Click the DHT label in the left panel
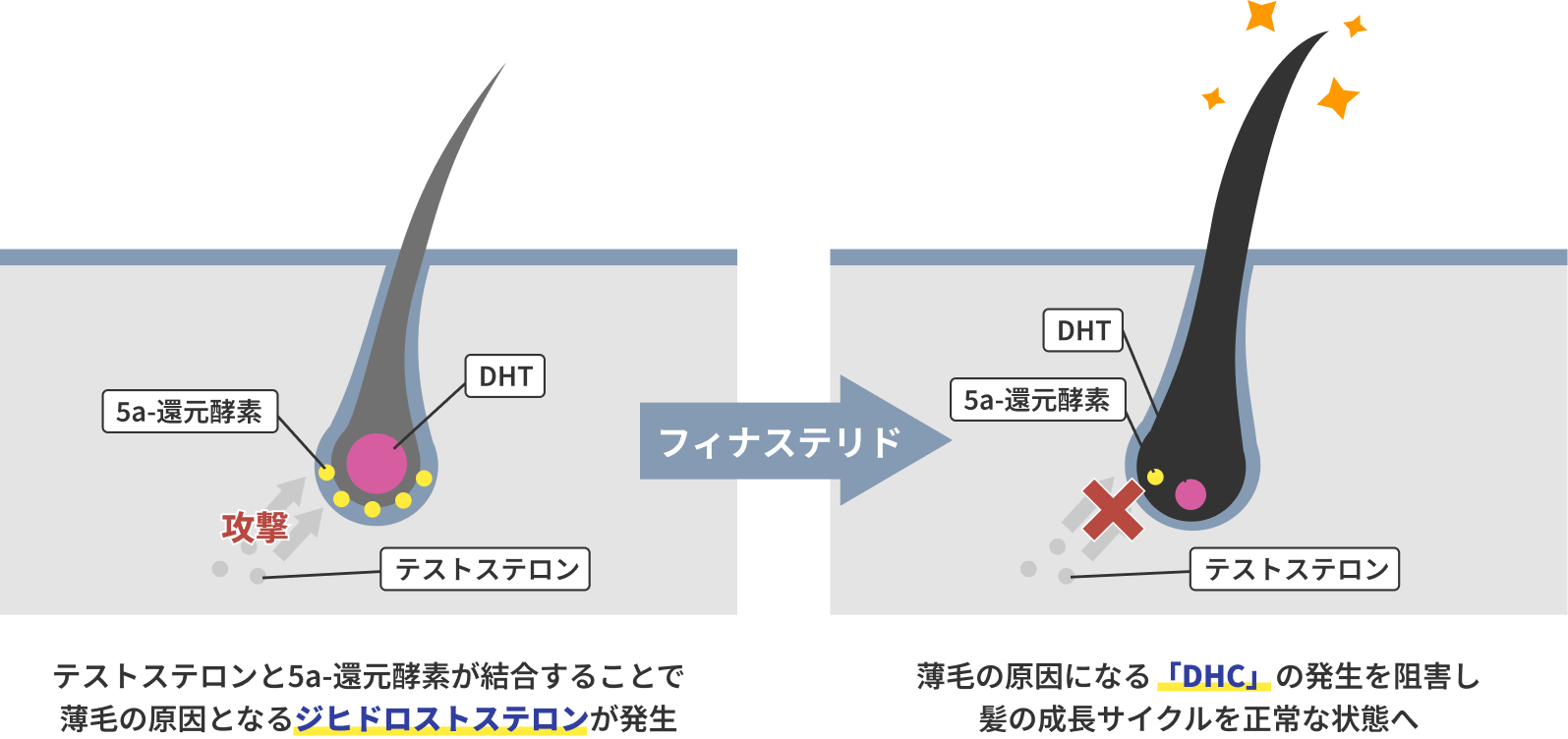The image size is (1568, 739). [505, 376]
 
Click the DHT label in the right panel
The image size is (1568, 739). [1082, 331]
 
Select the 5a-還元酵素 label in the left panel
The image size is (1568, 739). [190, 412]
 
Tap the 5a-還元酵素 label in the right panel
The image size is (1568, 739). [1037, 400]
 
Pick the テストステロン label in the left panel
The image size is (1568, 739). [486, 569]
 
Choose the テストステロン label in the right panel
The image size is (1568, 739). [1295, 569]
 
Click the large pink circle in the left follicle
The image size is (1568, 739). [377, 463]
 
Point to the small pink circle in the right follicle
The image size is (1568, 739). [1191, 494]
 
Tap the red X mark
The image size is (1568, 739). [1113, 510]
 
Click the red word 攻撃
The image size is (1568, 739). [255, 527]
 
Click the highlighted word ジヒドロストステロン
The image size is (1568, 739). [440, 718]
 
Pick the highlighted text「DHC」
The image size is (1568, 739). [1214, 676]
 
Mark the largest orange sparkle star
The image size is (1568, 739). [1338, 97]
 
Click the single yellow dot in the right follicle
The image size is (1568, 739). [1155, 477]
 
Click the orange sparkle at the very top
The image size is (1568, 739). [1260, 14]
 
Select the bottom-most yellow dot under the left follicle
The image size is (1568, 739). [372, 509]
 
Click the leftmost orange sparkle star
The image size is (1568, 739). [1214, 98]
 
